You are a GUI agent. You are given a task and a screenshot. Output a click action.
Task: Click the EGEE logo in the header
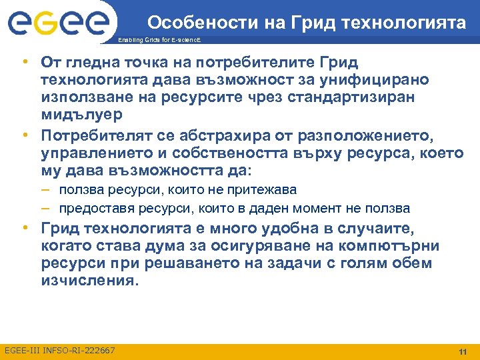(59, 23)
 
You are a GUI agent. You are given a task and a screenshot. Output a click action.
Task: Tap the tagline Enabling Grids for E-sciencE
(158, 41)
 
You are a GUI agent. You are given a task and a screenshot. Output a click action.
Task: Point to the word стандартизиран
(363, 97)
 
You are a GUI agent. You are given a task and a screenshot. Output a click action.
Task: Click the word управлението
(96, 153)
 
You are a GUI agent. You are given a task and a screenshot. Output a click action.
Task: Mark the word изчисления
(89, 281)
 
